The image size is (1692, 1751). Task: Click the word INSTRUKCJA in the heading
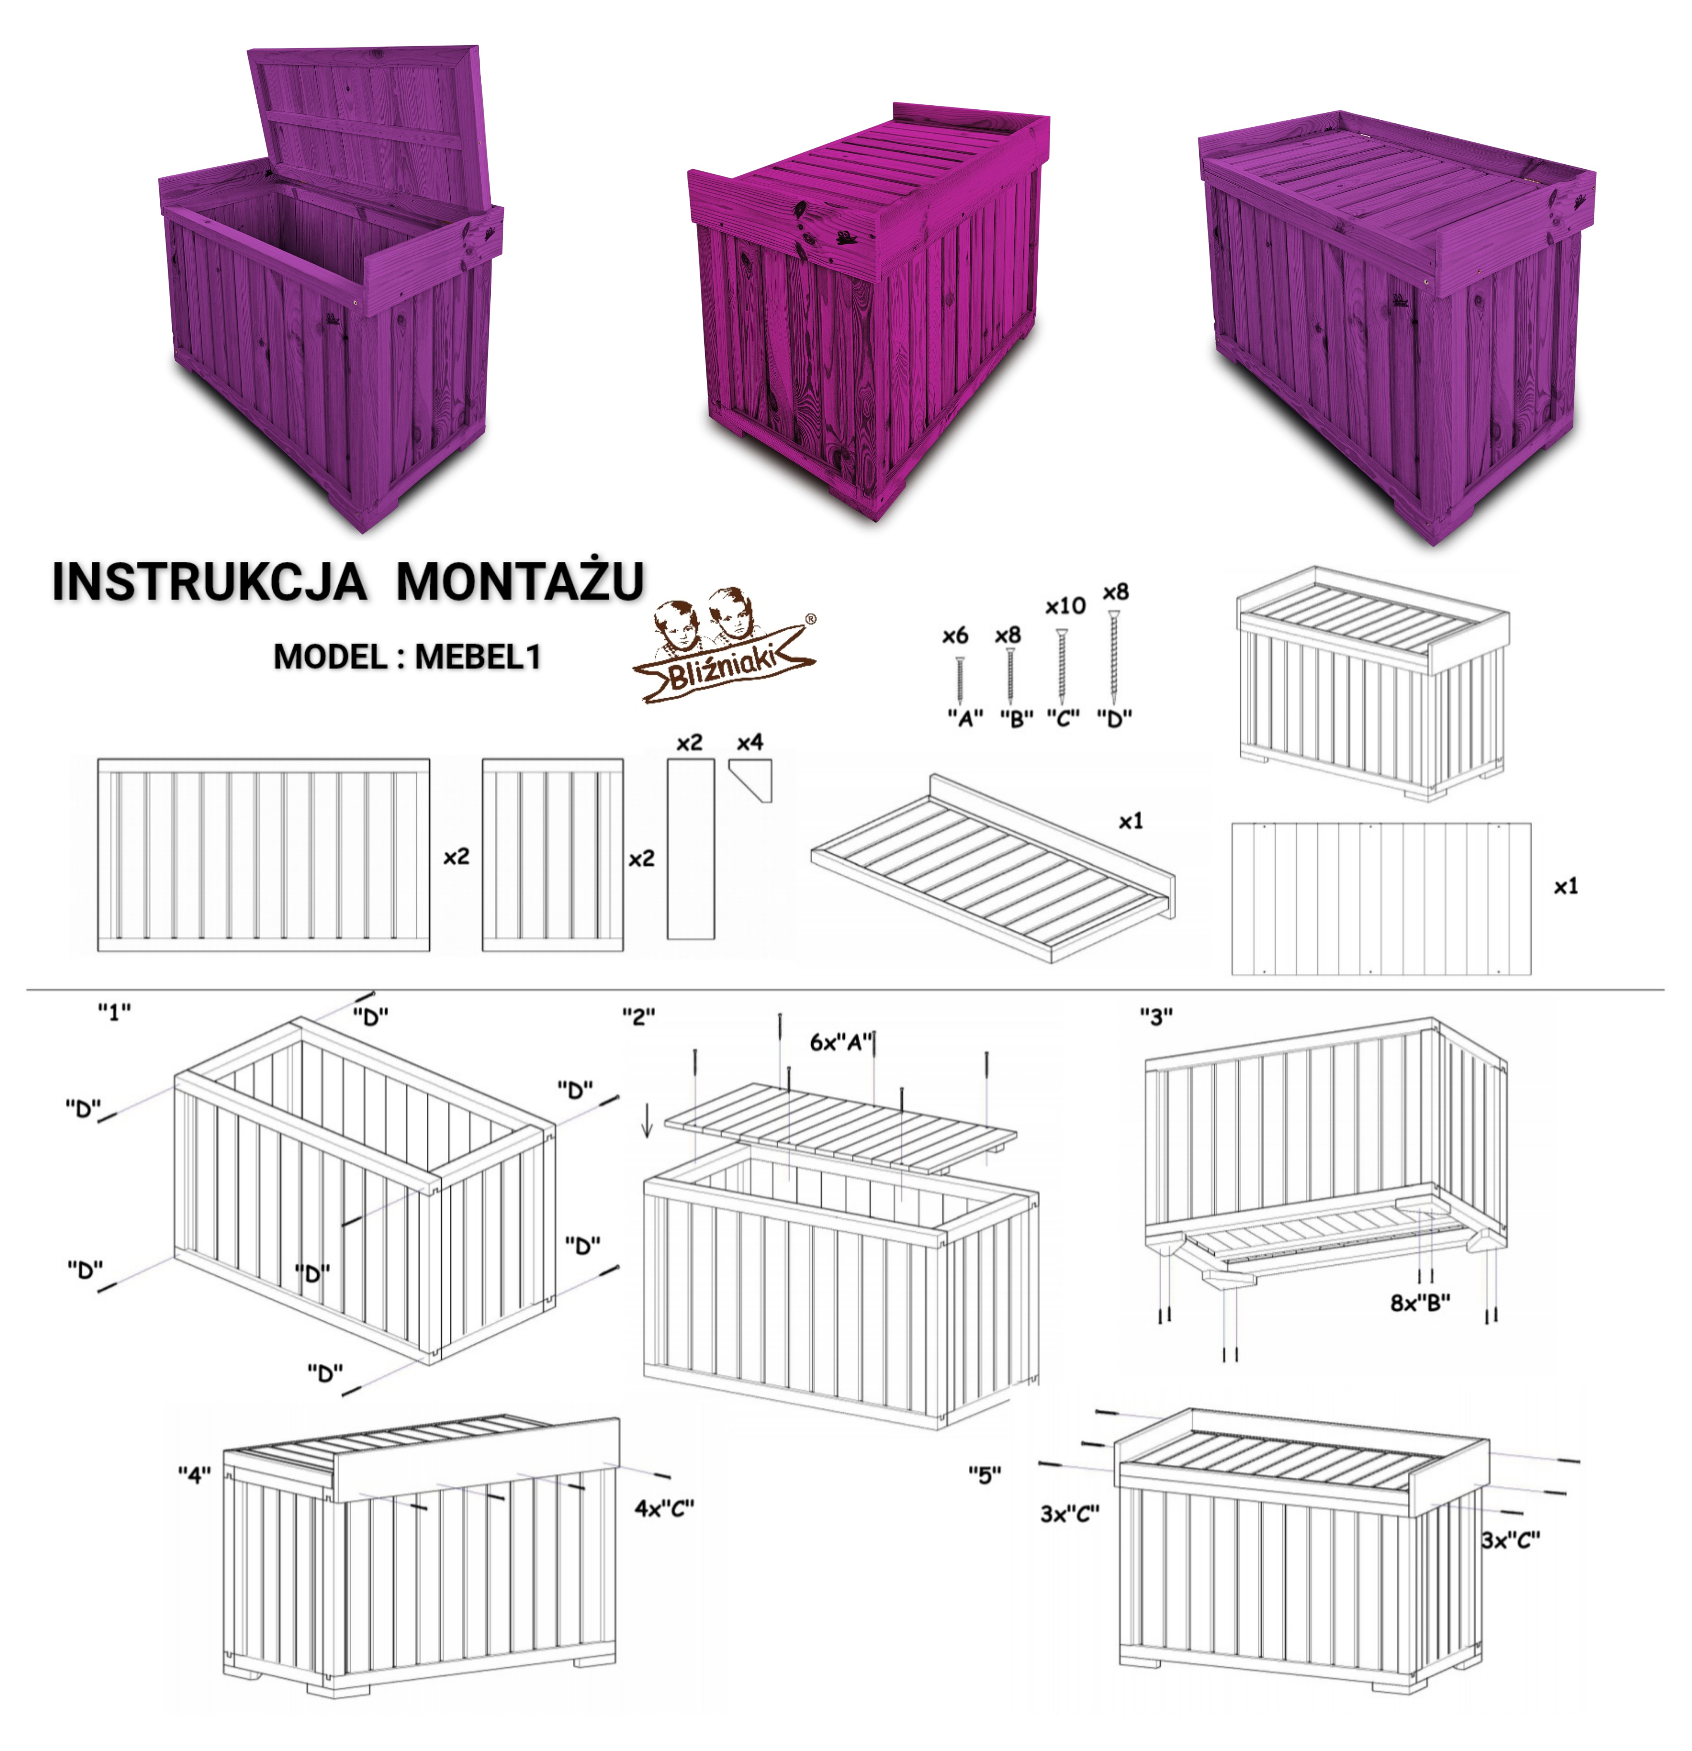click(x=209, y=582)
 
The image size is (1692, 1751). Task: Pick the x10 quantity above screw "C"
click(x=1065, y=607)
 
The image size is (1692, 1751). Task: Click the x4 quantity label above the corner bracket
click(x=750, y=743)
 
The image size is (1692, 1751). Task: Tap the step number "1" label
click(x=114, y=1012)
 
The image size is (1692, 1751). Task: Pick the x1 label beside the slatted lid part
click(x=1131, y=821)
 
